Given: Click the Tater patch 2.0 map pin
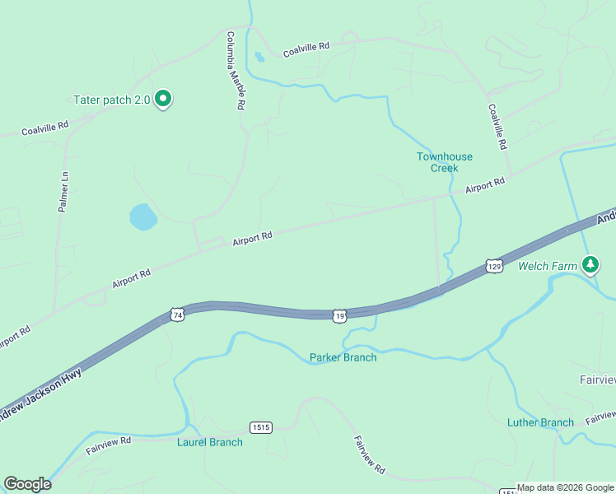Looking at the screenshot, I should (x=163, y=99).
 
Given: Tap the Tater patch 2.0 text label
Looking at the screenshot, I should (x=112, y=100).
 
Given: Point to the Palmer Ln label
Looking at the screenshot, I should (x=63, y=193).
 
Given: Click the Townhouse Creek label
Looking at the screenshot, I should (x=445, y=162).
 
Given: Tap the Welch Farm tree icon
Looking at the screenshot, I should (x=590, y=264).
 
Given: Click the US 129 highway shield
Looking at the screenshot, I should (x=494, y=266).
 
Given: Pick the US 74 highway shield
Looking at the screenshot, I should (x=177, y=315).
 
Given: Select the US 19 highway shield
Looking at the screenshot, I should (x=339, y=315).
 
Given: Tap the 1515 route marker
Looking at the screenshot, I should (x=260, y=427).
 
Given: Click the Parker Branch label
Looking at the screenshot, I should (x=343, y=357).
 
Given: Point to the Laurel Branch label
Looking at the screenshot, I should (x=210, y=442).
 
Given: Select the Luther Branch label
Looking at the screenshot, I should (x=540, y=422).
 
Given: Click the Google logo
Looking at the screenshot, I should (x=27, y=484).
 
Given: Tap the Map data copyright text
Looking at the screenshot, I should (x=565, y=487).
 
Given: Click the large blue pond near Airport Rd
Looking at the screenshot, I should (x=143, y=217).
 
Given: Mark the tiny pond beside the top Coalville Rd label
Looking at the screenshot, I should (x=259, y=57).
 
